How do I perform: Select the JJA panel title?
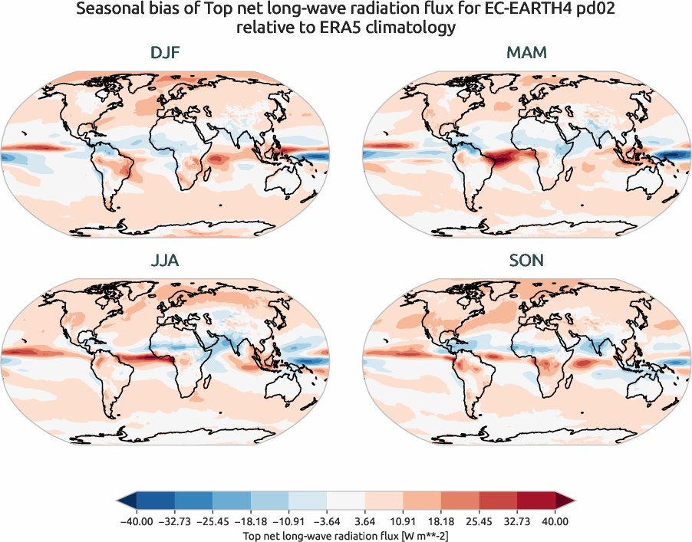165,261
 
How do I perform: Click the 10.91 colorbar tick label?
404,521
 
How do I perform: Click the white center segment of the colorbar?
345,501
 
